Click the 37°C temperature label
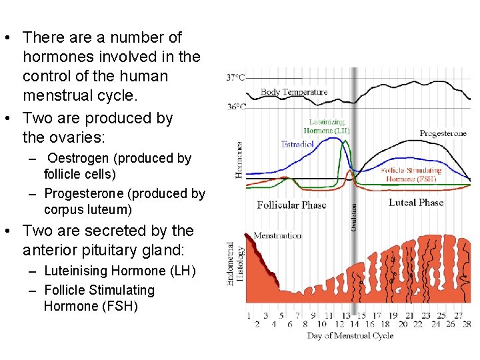coord(235,78)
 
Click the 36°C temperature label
coord(235,107)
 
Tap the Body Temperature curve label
coord(294,92)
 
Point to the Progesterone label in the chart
coord(443,133)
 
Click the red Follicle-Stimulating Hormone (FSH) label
coord(411,175)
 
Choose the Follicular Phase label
coord(291,205)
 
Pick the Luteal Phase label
coord(416,202)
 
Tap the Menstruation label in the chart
coord(277,235)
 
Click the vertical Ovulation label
coord(353,217)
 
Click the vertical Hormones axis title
coord(239,159)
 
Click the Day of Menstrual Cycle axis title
coord(350,335)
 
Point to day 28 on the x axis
coord(467,325)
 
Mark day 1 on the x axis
coord(249,316)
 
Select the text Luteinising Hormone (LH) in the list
coord(119,271)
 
